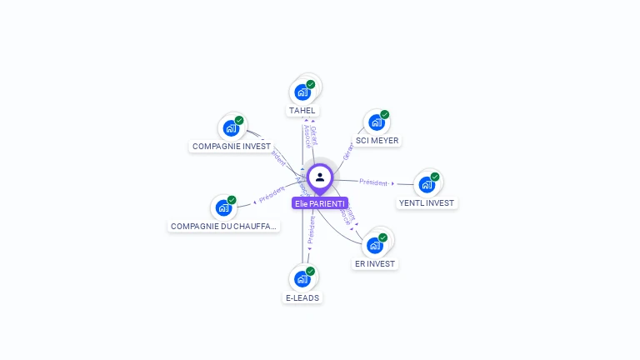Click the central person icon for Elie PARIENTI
pyautogui.click(x=320, y=177)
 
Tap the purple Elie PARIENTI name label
pyautogui.click(x=320, y=203)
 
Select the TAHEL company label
pyautogui.click(x=302, y=110)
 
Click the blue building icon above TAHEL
pyautogui.click(x=302, y=92)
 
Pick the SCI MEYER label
pyautogui.click(x=377, y=141)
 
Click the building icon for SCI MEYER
pyautogui.click(x=377, y=122)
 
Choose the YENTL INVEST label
pyautogui.click(x=427, y=202)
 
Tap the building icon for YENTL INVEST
pyautogui.click(x=427, y=184)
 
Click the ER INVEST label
pyautogui.click(x=375, y=263)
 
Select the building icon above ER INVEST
pyautogui.click(x=375, y=245)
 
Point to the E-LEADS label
pyautogui.click(x=302, y=297)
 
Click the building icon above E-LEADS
pyautogui.click(x=302, y=279)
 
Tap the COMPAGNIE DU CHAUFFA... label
pyautogui.click(x=224, y=226)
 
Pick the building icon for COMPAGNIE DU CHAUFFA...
pyautogui.click(x=223, y=207)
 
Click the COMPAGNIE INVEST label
pyautogui.click(x=232, y=146)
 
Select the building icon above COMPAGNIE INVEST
pyautogui.click(x=231, y=128)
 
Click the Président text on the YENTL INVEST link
pyautogui.click(x=373, y=182)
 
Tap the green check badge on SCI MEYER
pyautogui.click(x=384, y=115)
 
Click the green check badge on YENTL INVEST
pyautogui.click(x=434, y=177)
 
